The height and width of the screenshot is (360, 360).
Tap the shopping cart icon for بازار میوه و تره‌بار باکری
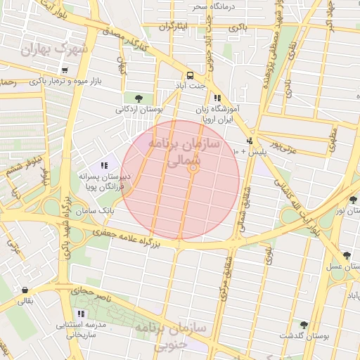pos(65,70)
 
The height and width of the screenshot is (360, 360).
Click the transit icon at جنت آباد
pos(190,75)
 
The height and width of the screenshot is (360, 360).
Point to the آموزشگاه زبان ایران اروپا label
pos(217,115)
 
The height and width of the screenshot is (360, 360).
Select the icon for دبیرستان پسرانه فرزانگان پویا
pos(104,165)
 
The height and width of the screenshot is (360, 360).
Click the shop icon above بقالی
pos(25,290)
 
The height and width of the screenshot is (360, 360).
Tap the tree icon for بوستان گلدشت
pos(304,325)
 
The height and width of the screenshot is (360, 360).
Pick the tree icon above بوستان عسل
pos(346,255)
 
